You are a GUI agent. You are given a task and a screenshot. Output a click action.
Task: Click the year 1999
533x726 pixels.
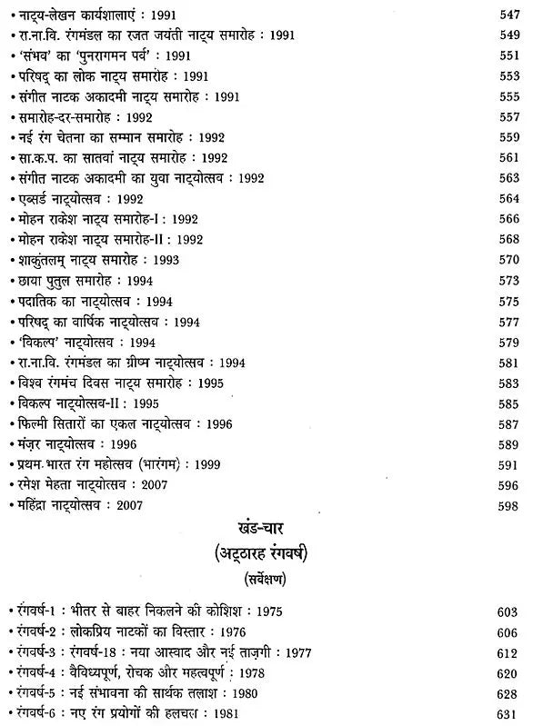coord(254,466)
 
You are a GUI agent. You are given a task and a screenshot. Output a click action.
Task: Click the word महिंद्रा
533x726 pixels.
coord(38,505)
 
